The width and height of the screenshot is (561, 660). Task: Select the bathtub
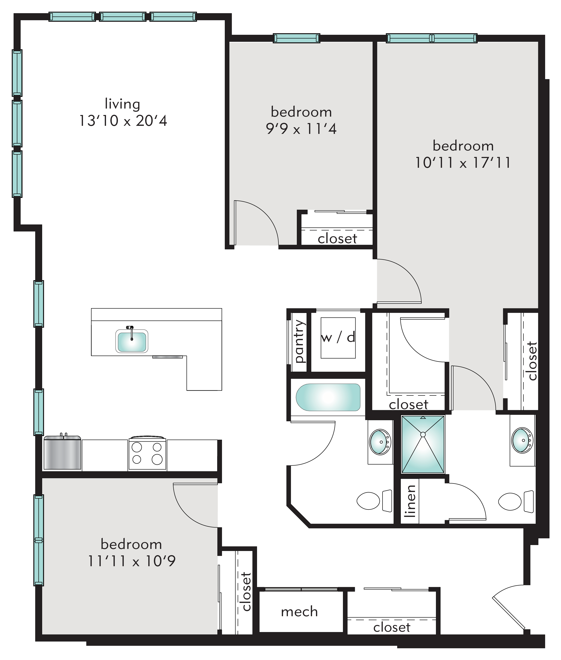coord(328,398)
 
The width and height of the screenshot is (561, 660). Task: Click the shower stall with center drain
coord(423,444)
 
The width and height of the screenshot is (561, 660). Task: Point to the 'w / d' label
coord(338,338)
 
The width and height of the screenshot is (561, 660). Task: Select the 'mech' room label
coord(299,612)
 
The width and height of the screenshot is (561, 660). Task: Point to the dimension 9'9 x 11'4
coord(301,129)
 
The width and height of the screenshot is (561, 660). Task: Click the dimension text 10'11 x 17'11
coord(463,163)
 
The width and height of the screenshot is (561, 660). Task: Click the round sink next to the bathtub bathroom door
coord(380,442)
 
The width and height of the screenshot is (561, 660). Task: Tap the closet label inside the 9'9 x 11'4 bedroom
coord(337,239)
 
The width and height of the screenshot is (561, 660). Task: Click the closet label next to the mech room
coord(392,627)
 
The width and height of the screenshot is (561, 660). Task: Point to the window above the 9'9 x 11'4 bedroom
coord(296,38)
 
